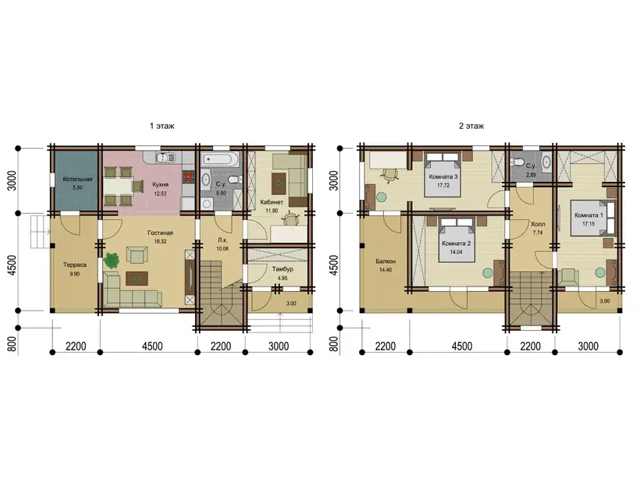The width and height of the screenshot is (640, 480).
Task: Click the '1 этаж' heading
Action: (162, 126)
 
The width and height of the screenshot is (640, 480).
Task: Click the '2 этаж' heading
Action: (471, 126)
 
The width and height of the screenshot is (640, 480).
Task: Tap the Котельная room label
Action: (77, 179)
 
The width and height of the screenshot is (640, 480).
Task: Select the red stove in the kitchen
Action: (188, 176)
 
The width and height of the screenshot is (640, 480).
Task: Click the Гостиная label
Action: (161, 233)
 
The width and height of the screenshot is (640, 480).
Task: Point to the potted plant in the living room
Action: (111, 261)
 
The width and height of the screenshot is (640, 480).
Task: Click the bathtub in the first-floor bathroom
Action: (221, 159)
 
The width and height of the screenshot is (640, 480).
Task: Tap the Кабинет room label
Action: (272, 201)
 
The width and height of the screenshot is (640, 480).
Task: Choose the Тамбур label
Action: (283, 269)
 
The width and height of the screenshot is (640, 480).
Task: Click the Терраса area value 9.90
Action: (75, 274)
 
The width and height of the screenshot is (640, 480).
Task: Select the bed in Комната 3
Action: (443, 174)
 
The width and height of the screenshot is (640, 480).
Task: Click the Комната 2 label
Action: (457, 244)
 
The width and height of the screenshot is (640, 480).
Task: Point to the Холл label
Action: (538, 224)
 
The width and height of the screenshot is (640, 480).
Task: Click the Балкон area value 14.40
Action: (386, 270)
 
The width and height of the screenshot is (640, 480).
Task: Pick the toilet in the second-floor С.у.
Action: (517, 162)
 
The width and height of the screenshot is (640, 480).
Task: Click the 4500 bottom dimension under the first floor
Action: (152, 346)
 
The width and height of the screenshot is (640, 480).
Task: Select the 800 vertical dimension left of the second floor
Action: (333, 343)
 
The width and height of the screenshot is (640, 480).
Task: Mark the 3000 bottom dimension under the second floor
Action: (588, 346)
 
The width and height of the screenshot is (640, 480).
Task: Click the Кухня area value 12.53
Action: (160, 194)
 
